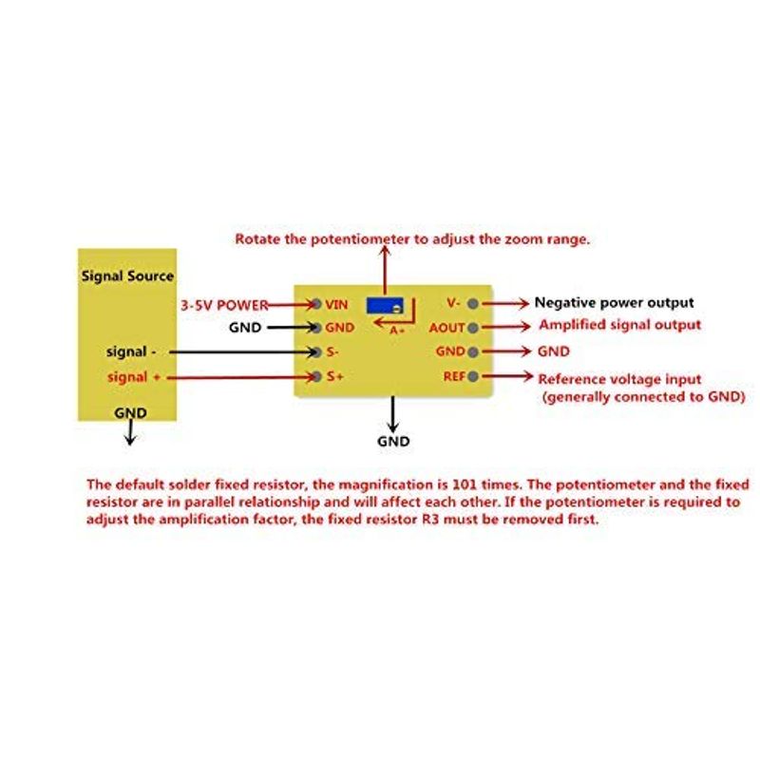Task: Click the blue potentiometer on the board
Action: pyautogui.click(x=386, y=305)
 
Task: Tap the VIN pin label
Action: pyautogui.click(x=336, y=304)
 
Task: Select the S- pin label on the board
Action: pyautogui.click(x=332, y=351)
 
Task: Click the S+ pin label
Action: pyautogui.click(x=334, y=376)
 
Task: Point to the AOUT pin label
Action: pyautogui.click(x=446, y=328)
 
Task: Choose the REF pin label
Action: pyautogui.click(x=454, y=376)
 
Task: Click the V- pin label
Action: pyautogui.click(x=453, y=303)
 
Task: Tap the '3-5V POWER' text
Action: pyautogui.click(x=224, y=305)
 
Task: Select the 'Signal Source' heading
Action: pyautogui.click(x=127, y=276)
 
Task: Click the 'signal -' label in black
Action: pyautogui.click(x=131, y=351)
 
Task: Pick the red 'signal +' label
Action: pyautogui.click(x=134, y=377)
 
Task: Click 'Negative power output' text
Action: pyautogui.click(x=614, y=303)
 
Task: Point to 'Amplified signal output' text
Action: pyautogui.click(x=620, y=325)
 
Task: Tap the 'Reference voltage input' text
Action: pyautogui.click(x=620, y=379)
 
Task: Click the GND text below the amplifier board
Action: pyautogui.click(x=393, y=441)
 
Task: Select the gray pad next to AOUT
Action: pyautogui.click(x=473, y=328)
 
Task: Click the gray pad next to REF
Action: pyautogui.click(x=473, y=376)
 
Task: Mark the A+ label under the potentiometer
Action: pyautogui.click(x=397, y=331)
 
